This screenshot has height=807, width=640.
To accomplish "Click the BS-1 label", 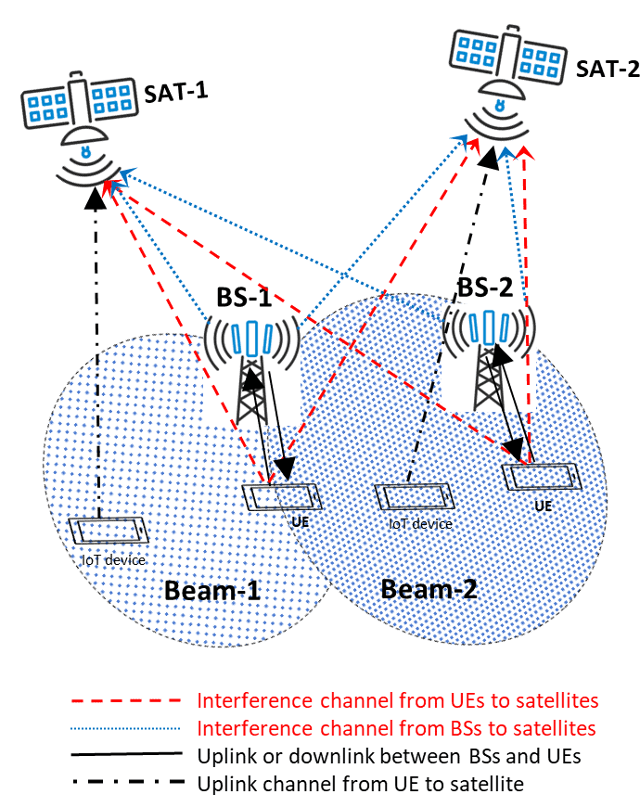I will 244,298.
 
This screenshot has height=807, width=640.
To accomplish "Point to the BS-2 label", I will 485,287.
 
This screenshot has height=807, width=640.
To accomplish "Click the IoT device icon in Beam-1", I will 109,532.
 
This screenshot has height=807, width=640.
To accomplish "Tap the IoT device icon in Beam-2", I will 415,496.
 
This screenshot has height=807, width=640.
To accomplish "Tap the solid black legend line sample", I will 130,756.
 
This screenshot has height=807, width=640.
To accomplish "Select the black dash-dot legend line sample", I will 130,784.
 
